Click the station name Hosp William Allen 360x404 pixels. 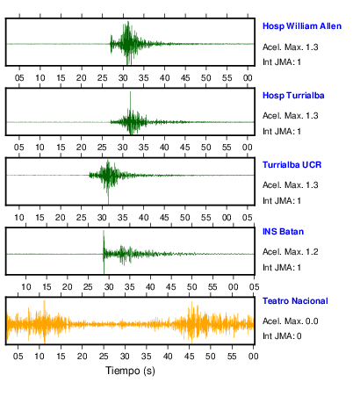tap(302, 26)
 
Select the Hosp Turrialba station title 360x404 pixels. tap(293, 96)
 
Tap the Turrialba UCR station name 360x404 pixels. tap(292, 165)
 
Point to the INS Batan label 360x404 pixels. tap(283, 232)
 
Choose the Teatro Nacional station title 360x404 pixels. tap(295, 301)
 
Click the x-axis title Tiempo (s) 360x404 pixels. tap(130, 371)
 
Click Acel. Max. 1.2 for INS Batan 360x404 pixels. tap(290, 252)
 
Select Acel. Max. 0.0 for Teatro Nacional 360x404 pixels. tap(290, 321)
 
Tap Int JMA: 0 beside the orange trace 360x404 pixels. tap(282, 336)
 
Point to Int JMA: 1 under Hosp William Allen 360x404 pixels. tap(282, 62)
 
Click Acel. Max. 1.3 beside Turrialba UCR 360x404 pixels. tap(290, 185)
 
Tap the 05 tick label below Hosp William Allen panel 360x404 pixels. tap(19, 78)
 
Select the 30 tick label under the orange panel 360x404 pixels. tap(125, 357)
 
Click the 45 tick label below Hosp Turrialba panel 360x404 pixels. tap(185, 148)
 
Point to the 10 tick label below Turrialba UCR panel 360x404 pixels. tap(19, 218)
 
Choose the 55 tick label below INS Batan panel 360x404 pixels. tap(212, 287)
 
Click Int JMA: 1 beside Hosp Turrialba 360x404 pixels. tap(282, 132)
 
